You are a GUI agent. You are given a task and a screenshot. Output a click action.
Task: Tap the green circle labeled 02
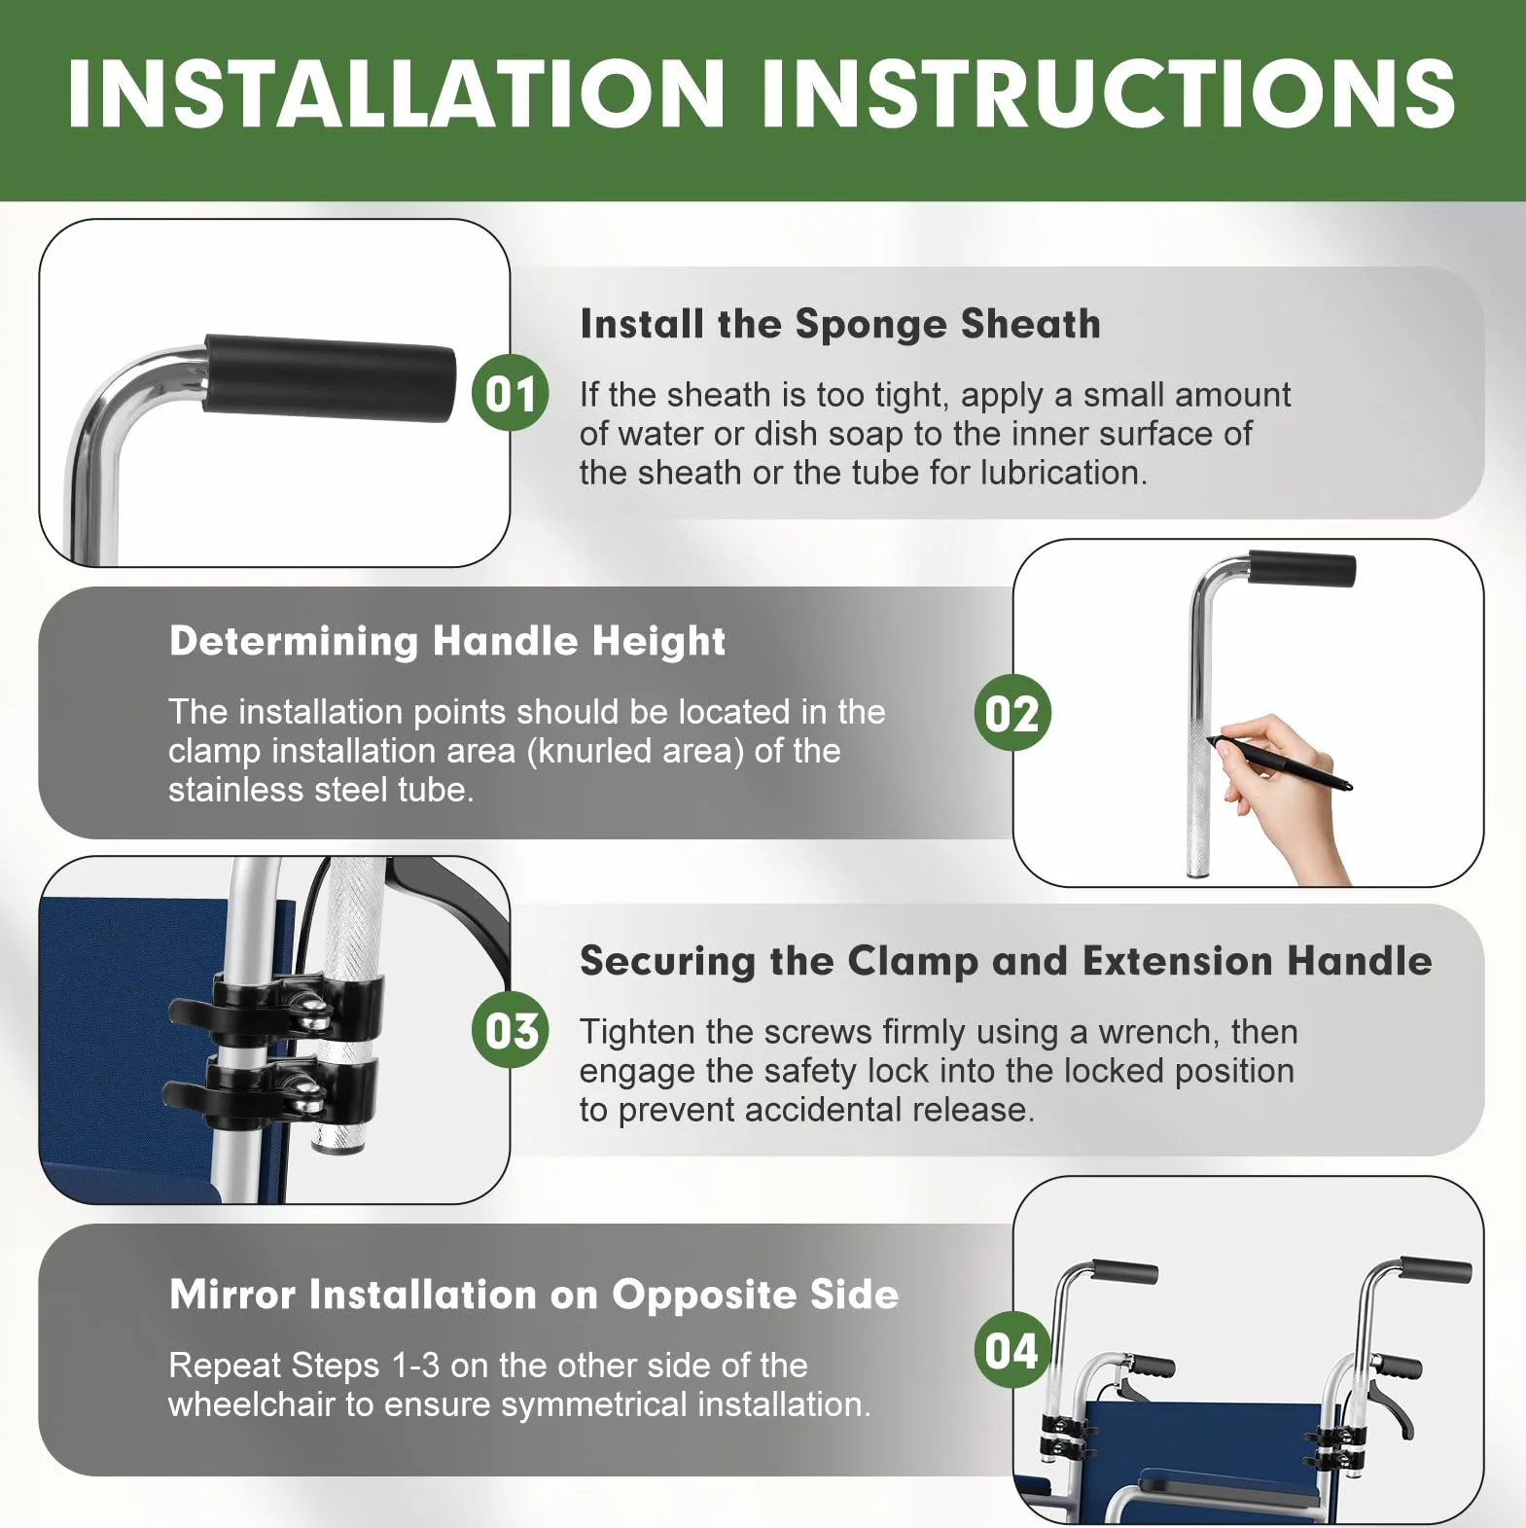(x=1012, y=712)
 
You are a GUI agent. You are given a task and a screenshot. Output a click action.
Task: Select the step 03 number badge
(x=511, y=1030)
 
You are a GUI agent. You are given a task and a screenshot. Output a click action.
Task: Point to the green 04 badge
(x=1012, y=1350)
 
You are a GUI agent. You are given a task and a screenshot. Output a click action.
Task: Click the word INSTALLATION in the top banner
(x=397, y=93)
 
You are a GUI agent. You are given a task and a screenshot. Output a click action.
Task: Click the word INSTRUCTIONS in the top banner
(x=1109, y=93)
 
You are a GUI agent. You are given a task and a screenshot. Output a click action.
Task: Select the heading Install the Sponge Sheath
(x=840, y=324)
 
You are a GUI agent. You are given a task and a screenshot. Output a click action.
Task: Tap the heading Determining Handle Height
(x=447, y=641)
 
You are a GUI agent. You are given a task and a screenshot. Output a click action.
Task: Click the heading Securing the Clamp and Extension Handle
(x=1006, y=961)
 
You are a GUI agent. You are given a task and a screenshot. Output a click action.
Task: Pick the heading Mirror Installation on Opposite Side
(x=534, y=1295)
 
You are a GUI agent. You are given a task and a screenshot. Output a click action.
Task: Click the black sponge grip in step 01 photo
(x=329, y=377)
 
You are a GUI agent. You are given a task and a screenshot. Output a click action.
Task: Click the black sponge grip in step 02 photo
(x=1301, y=569)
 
